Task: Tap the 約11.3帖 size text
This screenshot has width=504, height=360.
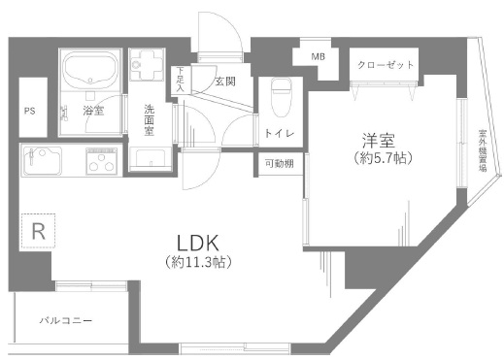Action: coord(202,262)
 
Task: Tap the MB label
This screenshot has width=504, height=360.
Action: coord(318,57)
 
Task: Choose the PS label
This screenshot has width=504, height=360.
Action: coord(30,110)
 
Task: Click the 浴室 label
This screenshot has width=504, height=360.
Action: coord(93,112)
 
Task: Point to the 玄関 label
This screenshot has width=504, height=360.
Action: coord(224,81)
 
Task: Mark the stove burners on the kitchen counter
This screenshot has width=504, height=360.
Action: coord(101,161)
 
